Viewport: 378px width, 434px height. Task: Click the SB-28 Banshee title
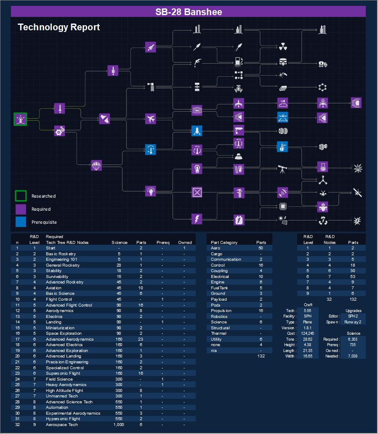coord(189,12)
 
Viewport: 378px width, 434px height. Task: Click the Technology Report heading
coord(59,27)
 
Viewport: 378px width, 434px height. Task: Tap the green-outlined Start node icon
coord(20,119)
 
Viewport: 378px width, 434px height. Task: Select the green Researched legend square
coord(21,196)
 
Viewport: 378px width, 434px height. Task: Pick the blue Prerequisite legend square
coord(21,222)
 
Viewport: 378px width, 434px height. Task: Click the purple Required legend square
coord(21,209)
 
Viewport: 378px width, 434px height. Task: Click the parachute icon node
coord(96,165)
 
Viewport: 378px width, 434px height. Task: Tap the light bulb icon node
coord(151,191)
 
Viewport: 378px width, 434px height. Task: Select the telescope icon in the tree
coord(282,169)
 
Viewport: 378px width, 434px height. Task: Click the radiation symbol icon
coord(282,46)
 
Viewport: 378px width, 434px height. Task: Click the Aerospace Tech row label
coord(61,425)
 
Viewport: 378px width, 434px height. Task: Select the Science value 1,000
coord(119,425)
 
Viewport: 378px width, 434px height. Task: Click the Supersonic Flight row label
coord(64,373)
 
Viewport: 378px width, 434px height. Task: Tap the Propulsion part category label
coord(221,311)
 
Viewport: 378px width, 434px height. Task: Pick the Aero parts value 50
coord(261,248)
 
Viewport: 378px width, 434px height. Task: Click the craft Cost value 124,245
coord(307,333)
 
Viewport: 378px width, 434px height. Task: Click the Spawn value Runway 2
coord(353,322)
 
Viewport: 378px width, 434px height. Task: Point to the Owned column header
coord(185,242)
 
